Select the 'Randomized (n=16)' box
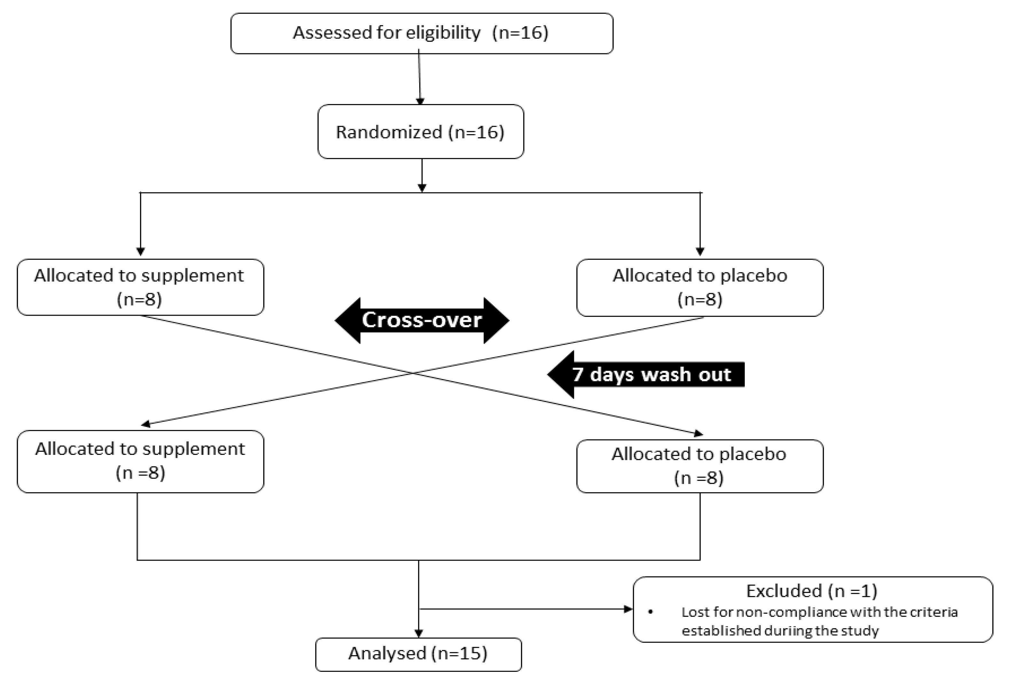(x=420, y=132)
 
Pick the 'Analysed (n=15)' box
(x=418, y=654)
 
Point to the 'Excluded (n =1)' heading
(x=812, y=591)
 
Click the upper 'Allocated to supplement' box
(x=140, y=287)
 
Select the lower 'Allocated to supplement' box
(x=140, y=461)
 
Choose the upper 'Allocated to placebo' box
(x=700, y=287)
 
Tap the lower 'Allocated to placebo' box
(x=700, y=466)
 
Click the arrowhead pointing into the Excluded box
(x=628, y=609)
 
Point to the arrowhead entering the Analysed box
(x=418, y=634)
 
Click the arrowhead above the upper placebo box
(x=700, y=251)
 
